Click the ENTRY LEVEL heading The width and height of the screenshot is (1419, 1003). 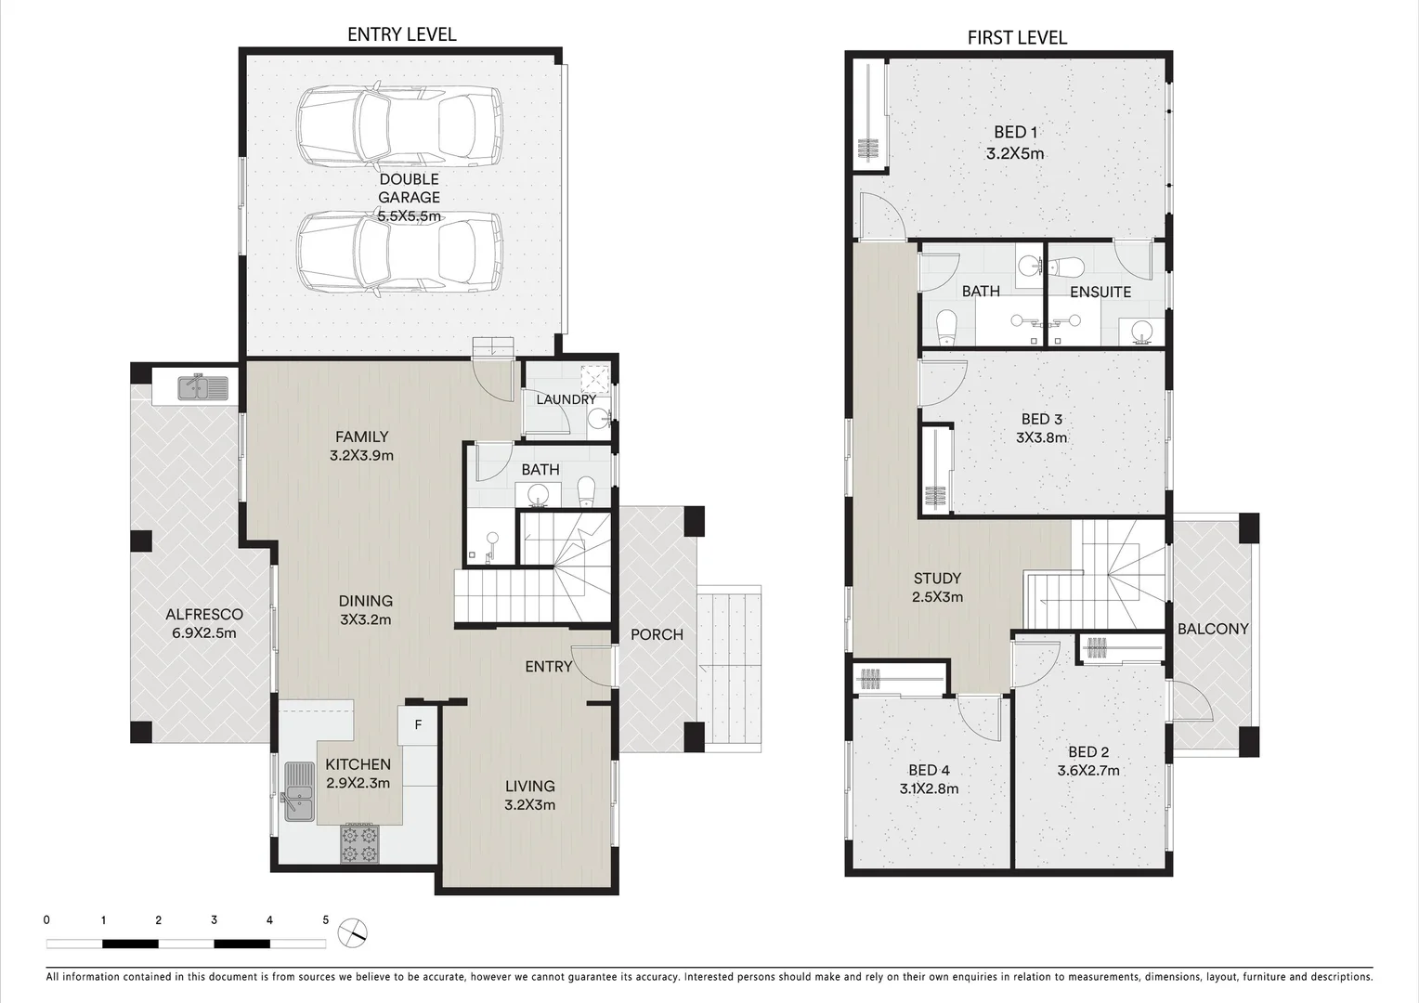tap(401, 34)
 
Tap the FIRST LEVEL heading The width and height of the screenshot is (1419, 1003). tap(1017, 37)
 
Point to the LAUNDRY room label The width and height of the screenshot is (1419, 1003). tap(566, 399)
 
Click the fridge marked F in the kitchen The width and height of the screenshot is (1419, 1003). tap(418, 725)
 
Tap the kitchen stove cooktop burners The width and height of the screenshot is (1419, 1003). tap(359, 843)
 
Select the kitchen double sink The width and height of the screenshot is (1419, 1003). tap(299, 792)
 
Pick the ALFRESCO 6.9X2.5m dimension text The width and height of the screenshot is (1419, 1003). tap(204, 633)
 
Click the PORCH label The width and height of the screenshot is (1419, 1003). tap(657, 634)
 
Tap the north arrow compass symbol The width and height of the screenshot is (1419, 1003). tap(353, 932)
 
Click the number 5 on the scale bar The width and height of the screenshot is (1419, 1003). tap(325, 920)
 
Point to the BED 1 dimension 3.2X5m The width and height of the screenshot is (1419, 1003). tap(1015, 154)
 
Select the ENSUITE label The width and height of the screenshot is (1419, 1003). tap(1100, 292)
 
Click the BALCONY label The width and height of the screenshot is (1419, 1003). tap(1213, 629)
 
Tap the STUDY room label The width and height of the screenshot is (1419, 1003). tap(937, 578)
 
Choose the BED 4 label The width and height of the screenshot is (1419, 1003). tap(929, 770)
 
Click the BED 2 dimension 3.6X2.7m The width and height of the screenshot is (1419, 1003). tap(1088, 770)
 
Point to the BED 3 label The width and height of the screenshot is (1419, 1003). tap(1041, 420)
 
